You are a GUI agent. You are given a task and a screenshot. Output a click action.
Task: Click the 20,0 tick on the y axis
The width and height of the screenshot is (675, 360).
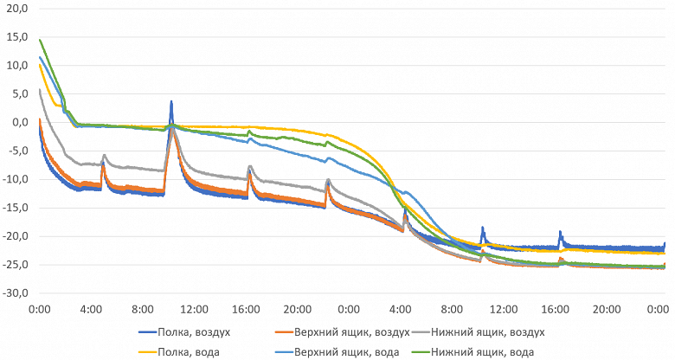[x=17, y=9]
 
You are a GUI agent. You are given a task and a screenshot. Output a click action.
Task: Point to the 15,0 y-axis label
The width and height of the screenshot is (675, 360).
[x=17, y=37]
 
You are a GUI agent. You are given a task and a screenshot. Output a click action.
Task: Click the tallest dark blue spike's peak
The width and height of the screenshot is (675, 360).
[x=171, y=101]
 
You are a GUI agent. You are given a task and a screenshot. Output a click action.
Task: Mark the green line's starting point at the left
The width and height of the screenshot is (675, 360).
[x=40, y=39]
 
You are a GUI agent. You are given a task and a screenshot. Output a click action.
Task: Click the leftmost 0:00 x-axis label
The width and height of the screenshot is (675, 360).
[x=40, y=308]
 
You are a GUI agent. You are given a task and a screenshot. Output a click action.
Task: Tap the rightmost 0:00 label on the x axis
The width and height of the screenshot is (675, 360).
[x=656, y=308]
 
